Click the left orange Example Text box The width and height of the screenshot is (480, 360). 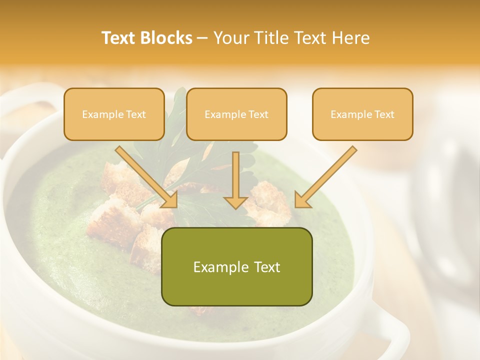point(114,114)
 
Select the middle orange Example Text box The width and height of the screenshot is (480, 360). point(236,114)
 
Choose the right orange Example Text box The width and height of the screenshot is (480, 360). point(362,114)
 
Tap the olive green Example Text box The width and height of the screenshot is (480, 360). point(236,266)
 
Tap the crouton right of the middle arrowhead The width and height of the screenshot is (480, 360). point(267,202)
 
